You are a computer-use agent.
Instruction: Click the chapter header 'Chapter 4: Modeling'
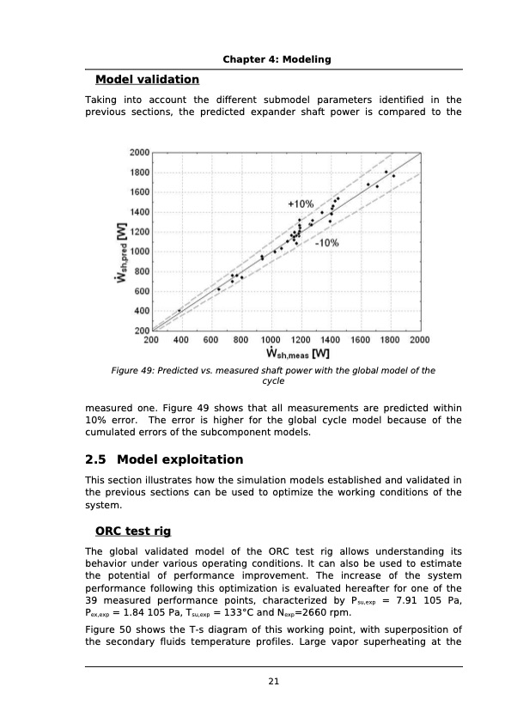click(x=277, y=59)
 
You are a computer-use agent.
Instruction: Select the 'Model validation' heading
click(x=147, y=80)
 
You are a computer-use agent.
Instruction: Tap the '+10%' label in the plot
click(x=300, y=204)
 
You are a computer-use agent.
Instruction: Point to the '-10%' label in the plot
click(x=326, y=243)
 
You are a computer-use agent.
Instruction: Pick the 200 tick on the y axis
click(x=139, y=331)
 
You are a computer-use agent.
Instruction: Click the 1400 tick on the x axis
click(x=330, y=340)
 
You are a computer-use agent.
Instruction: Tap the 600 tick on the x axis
click(x=210, y=340)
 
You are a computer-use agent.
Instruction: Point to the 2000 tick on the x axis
click(x=419, y=340)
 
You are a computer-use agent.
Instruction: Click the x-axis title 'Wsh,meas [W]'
click(x=298, y=353)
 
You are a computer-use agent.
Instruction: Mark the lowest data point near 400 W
click(x=179, y=311)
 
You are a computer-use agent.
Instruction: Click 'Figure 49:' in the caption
click(x=136, y=371)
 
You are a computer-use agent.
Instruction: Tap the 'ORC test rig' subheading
click(x=139, y=530)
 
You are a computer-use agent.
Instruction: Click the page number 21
click(x=274, y=682)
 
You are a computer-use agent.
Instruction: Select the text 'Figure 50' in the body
click(x=106, y=629)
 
